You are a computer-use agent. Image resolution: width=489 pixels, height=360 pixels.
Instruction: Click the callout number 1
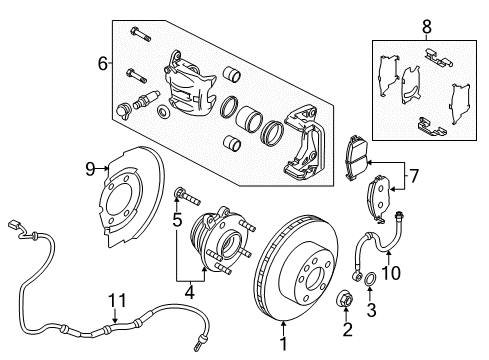(x=283, y=344)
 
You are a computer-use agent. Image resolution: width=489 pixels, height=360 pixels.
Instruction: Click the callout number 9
(x=89, y=169)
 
